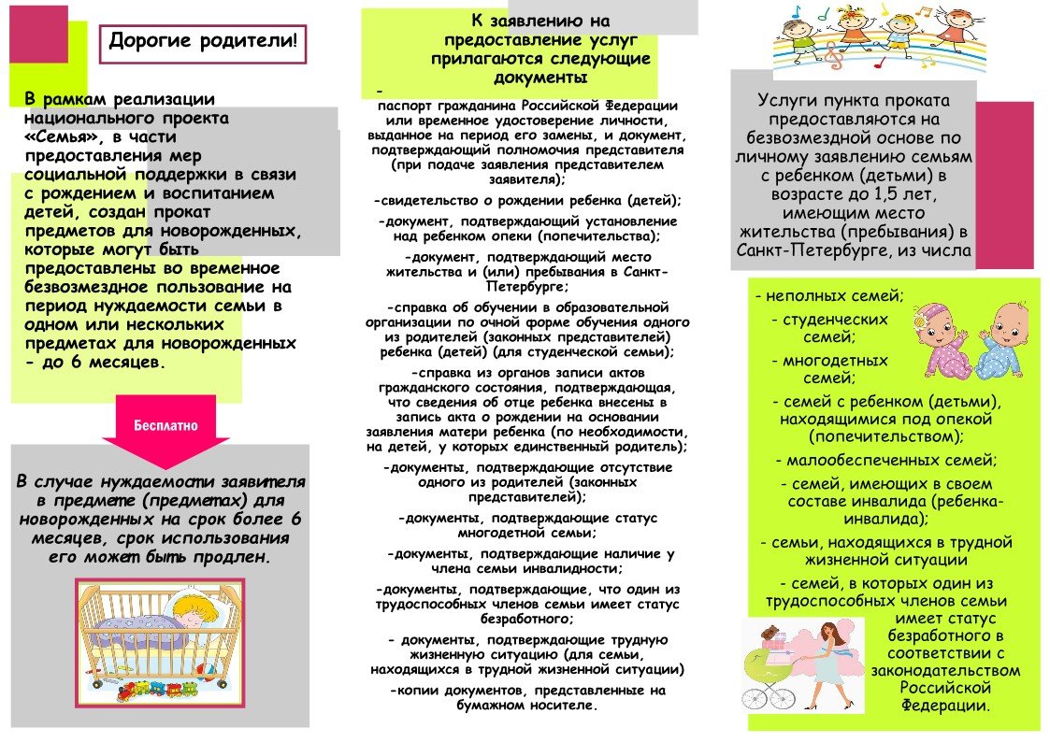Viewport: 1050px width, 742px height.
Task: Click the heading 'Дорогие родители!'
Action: click(x=202, y=41)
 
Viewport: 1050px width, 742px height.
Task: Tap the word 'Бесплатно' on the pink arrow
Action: click(x=165, y=424)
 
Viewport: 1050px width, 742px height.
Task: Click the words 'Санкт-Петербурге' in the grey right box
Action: click(x=804, y=250)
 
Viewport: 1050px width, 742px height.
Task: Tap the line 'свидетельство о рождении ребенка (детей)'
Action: click(x=528, y=201)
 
